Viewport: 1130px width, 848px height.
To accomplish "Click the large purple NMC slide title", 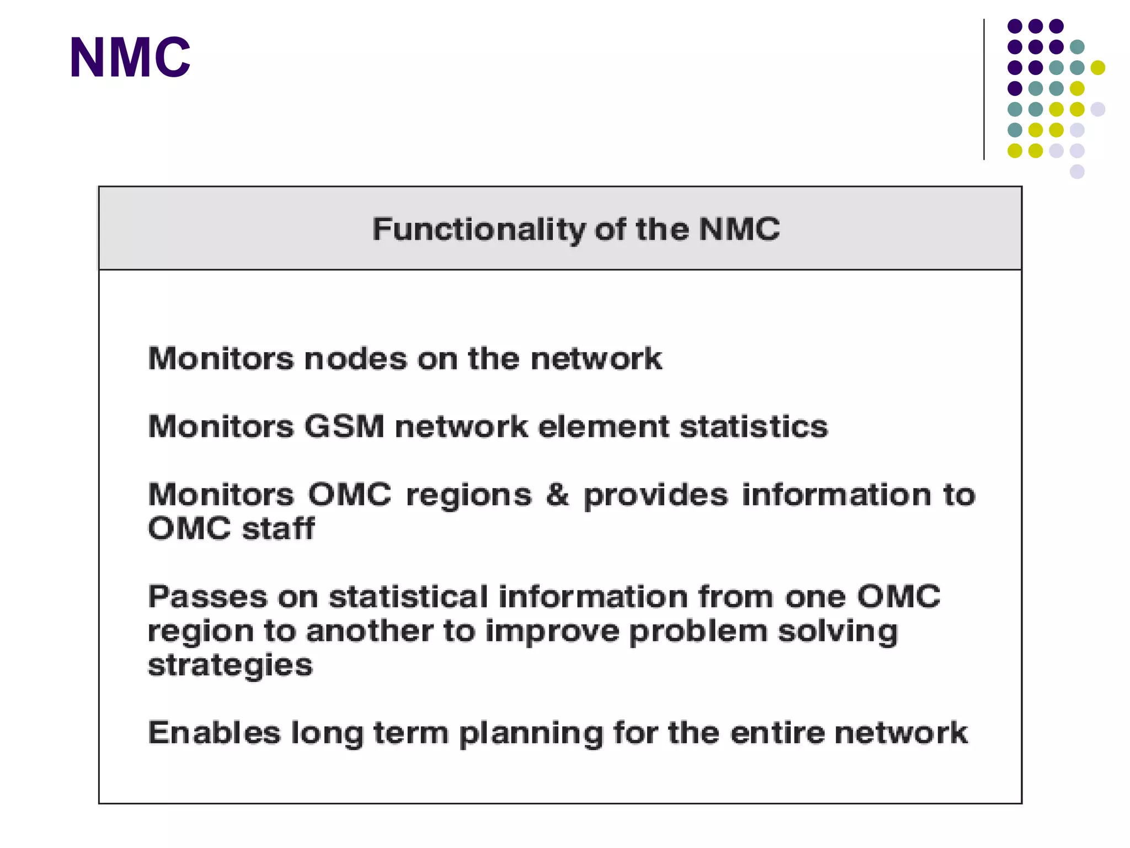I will (x=130, y=57).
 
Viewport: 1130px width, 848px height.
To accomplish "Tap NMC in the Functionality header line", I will (x=739, y=229).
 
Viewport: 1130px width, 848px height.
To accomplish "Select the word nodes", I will (x=356, y=359).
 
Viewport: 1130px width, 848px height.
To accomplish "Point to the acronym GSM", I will (x=344, y=427).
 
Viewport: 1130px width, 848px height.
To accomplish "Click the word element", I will (x=604, y=427).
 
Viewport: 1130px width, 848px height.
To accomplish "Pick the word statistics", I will (x=754, y=427).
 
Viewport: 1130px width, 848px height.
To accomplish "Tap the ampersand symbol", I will (x=557, y=494).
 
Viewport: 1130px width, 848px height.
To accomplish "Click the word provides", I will (x=656, y=495).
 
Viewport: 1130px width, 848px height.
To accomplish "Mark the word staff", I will (x=279, y=529).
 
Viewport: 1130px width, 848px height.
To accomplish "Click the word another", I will (x=370, y=631).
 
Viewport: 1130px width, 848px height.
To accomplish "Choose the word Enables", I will (x=214, y=733).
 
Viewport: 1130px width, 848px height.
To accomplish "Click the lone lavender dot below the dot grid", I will (x=1077, y=172).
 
